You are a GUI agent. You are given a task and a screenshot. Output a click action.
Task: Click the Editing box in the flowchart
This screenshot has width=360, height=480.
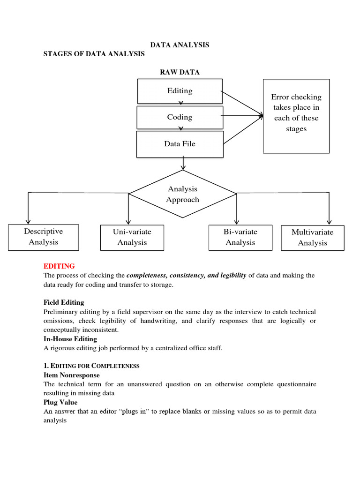180,91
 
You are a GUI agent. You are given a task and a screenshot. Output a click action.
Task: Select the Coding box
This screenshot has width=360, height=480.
180,117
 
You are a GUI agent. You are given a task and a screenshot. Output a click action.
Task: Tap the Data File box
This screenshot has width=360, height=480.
180,144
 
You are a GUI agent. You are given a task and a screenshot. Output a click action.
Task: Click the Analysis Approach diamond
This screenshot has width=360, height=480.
183,194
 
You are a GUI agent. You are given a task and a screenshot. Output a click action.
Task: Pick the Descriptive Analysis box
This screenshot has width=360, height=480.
43,237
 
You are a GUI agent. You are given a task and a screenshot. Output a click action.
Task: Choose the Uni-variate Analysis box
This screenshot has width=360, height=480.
132,237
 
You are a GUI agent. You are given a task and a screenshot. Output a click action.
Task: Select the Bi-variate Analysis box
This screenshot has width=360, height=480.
240,237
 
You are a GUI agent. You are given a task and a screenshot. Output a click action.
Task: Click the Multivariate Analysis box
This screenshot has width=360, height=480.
312,237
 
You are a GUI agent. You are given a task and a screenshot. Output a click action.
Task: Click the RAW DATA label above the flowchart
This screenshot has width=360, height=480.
180,72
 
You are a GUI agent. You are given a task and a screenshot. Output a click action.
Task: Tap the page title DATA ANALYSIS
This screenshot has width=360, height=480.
180,45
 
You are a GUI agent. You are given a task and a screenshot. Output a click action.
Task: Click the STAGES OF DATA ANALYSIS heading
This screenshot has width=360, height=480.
94,54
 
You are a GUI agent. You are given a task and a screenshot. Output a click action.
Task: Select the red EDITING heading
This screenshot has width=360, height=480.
59,266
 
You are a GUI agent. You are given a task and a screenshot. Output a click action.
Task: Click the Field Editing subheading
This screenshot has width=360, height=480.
64,302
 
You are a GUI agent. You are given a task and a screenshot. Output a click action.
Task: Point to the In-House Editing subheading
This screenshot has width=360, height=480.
70,338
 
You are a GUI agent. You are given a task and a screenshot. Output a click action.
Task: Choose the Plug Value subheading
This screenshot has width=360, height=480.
60,402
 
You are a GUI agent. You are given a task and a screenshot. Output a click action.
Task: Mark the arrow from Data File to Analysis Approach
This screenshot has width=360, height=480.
183,164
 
